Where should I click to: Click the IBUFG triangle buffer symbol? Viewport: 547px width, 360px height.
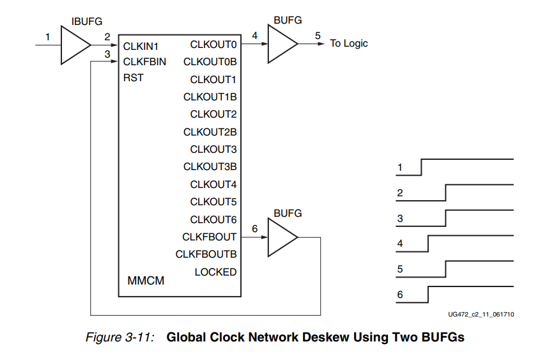(73, 45)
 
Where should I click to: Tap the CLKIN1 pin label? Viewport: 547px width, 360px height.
(141, 47)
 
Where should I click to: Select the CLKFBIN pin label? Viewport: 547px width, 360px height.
(144, 62)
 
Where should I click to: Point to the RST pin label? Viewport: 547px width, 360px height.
(134, 78)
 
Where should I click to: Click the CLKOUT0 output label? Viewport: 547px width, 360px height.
(213, 45)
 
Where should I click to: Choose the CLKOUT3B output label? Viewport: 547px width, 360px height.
(210, 167)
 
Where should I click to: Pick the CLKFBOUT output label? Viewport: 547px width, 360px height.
(210, 237)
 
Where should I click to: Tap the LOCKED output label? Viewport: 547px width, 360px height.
(215, 272)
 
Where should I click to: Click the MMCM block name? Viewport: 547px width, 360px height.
(146, 280)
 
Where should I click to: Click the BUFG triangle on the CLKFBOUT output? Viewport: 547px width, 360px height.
(281, 237)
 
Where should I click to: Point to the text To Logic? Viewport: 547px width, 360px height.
(349, 43)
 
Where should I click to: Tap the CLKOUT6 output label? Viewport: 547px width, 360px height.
(213, 219)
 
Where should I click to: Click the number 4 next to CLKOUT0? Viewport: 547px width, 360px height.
(255, 36)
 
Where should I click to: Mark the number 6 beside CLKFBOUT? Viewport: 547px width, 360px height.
(255, 228)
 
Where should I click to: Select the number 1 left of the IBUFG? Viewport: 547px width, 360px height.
(47, 36)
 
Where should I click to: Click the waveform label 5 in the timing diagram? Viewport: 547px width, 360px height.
(400, 269)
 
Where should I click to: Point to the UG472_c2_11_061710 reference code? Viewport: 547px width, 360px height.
(481, 315)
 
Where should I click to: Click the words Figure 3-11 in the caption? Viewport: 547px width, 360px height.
(120, 337)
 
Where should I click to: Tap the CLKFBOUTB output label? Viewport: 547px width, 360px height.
(206, 254)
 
